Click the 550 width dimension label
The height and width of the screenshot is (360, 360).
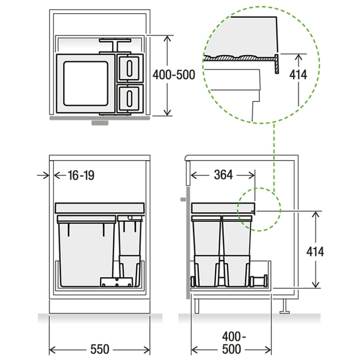coord(100,349)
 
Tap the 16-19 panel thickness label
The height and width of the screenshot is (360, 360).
coord(81,175)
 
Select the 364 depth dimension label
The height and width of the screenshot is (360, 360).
coord(223,175)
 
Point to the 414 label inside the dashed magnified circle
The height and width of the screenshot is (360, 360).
coord(298,75)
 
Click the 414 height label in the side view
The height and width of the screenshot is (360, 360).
coord(315,252)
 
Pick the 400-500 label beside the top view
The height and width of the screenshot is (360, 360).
coord(174,75)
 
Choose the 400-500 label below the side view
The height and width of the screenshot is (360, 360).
coord(232,343)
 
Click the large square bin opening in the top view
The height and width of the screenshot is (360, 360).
coord(86,83)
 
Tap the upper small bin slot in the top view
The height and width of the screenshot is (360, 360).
coord(129,68)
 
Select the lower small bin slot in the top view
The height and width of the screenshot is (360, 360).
coord(129,99)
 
